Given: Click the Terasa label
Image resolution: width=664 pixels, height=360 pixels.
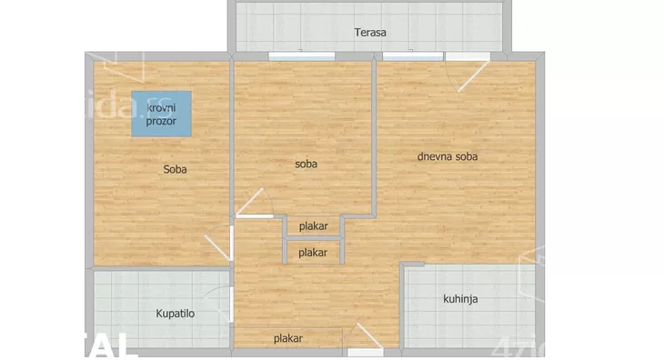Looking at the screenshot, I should [370, 33].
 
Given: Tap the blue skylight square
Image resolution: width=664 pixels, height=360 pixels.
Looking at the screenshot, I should [161, 114].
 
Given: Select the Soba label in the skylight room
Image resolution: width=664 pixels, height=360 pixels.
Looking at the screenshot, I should [176, 168].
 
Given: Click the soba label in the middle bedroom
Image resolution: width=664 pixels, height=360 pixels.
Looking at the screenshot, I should [306, 165].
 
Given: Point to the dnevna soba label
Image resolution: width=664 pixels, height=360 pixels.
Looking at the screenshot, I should [448, 156].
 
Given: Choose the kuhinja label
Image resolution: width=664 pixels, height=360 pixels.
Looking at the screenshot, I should [461, 298].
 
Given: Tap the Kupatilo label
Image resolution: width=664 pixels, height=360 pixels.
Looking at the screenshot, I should [176, 314].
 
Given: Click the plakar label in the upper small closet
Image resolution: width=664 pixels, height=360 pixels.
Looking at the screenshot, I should [313, 226].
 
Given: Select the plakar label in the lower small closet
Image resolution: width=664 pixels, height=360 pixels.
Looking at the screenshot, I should [313, 252].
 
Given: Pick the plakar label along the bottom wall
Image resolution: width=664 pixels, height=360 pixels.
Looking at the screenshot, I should [288, 338].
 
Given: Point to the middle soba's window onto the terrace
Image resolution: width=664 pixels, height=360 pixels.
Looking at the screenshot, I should [293, 56].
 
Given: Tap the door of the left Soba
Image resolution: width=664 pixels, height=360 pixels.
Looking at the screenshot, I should [222, 245].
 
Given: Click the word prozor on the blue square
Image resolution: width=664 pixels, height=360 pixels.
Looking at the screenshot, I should [162, 121].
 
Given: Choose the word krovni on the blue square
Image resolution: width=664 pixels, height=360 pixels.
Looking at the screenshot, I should [162, 108].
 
